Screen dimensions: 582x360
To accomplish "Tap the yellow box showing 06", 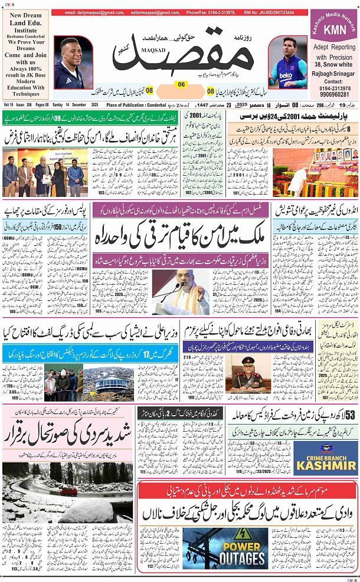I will (x=181, y=84).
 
